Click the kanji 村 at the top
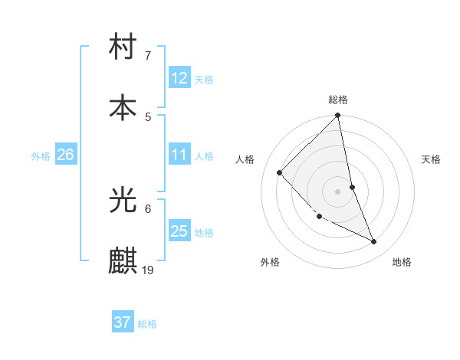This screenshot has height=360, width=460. point(123,48)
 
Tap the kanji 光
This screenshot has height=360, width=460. point(123,201)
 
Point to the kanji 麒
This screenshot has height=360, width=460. point(123,261)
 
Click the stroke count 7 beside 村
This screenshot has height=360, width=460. point(147,56)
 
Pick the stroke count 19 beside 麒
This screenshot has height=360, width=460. point(148,270)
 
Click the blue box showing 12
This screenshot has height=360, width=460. point(179,78)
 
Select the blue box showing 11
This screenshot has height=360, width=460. point(179,155)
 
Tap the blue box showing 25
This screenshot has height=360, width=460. point(179,231)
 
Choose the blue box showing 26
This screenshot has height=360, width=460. point(65,155)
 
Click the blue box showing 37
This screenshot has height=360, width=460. point(123,322)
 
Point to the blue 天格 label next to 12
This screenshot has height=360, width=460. point(204,80)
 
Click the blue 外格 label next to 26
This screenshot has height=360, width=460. point(41,156)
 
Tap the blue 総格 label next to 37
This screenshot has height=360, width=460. point(147,324)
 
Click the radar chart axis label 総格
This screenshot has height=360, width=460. point(338,100)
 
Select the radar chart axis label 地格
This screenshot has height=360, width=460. point(402,262)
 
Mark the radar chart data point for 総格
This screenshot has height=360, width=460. point(338,116)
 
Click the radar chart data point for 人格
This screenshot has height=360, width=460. point(280,172)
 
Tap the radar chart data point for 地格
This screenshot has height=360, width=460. point(374,241)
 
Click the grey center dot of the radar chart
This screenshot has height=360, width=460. point(338,191)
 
